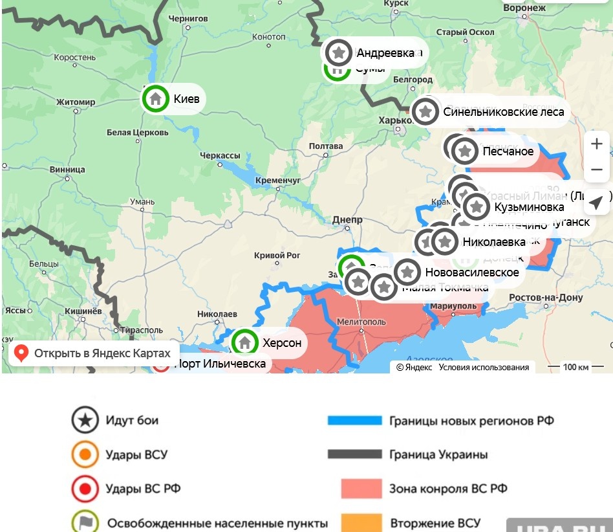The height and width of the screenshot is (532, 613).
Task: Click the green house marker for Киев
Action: coord(155,99)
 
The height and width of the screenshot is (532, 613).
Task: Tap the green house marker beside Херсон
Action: coord(244,342)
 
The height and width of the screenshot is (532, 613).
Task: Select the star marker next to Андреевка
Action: coord(339,52)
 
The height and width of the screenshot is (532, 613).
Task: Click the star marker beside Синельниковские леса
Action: coord(425,111)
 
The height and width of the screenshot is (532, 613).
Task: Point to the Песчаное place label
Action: coord(508,151)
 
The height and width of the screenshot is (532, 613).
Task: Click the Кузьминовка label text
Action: coord(529,207)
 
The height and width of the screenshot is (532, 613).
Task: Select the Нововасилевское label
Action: coord(471,272)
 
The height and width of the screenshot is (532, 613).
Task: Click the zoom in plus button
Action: coord(596,144)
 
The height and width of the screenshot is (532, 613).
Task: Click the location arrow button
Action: coord(596,203)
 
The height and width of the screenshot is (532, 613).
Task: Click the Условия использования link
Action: coord(484,367)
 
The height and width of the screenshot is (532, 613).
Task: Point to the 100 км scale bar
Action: coord(570,367)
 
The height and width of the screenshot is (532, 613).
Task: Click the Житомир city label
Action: coord(76,102)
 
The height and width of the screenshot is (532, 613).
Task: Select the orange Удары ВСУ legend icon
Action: coord(85,454)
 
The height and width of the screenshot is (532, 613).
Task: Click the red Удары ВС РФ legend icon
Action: coord(85,489)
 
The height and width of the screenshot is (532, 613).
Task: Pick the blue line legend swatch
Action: coord(354,421)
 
